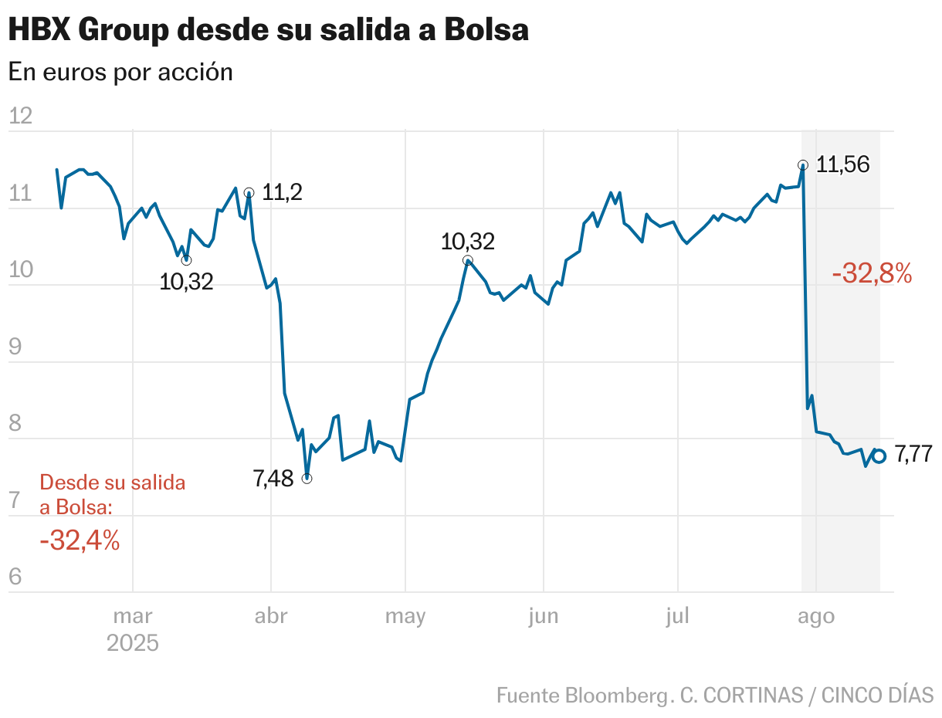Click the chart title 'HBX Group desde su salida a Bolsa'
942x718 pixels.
[x=268, y=30]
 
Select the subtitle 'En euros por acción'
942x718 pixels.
[x=120, y=72]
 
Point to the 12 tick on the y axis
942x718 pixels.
[x=20, y=117]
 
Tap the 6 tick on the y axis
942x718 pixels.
[x=15, y=577]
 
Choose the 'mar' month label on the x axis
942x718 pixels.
[x=133, y=616]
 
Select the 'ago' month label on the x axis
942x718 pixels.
[x=815, y=616]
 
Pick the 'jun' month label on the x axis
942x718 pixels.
[x=544, y=616]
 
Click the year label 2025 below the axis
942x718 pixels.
[x=133, y=643]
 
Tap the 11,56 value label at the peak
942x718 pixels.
[x=843, y=164]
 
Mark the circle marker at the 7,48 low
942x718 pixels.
[x=307, y=479]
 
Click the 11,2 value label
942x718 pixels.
[x=282, y=193]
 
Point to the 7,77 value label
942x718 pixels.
[x=913, y=455]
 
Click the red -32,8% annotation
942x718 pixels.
[x=872, y=273]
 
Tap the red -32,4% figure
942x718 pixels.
[x=80, y=540]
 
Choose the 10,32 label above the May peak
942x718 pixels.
[x=467, y=242]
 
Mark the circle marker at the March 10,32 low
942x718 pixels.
[x=186, y=260]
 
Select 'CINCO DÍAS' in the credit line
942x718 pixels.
[x=877, y=695]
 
